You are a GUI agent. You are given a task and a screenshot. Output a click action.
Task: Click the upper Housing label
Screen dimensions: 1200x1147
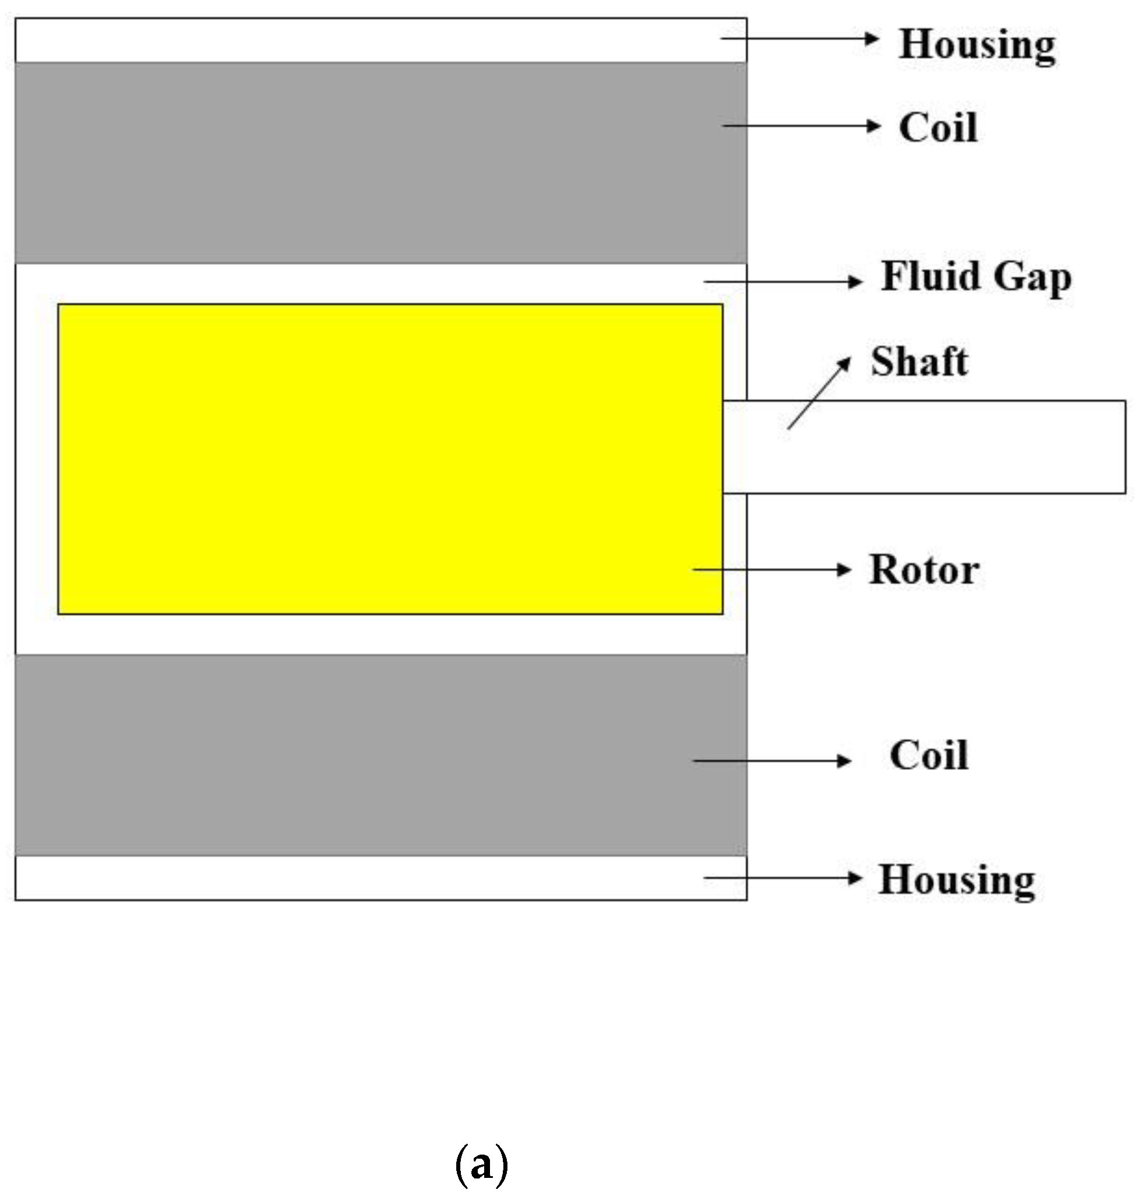(976, 45)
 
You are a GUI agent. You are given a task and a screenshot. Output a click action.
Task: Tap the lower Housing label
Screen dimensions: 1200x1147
(956, 881)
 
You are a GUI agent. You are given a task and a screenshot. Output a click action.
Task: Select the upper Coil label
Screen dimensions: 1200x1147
(938, 128)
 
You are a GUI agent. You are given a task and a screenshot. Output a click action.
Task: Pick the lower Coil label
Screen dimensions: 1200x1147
(929, 755)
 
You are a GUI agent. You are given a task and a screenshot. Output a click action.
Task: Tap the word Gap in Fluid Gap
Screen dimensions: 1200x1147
(1033, 279)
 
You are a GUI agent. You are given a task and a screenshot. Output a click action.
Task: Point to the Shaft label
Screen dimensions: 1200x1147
(919, 362)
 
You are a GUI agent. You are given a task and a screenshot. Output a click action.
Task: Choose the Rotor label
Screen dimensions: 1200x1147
(924, 570)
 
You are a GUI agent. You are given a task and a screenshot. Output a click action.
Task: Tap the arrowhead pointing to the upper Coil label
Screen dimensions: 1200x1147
(874, 126)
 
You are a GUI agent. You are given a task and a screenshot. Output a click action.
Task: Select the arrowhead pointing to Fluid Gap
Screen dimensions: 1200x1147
(856, 281)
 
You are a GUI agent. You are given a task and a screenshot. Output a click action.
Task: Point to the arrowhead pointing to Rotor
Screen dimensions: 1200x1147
(845, 570)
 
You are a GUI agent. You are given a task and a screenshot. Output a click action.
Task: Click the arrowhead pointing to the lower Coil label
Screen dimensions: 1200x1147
(845, 761)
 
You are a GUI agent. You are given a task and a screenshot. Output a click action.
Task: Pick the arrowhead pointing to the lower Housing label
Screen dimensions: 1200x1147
(856, 878)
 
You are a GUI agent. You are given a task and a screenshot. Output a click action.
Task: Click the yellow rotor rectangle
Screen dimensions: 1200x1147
(390, 459)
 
